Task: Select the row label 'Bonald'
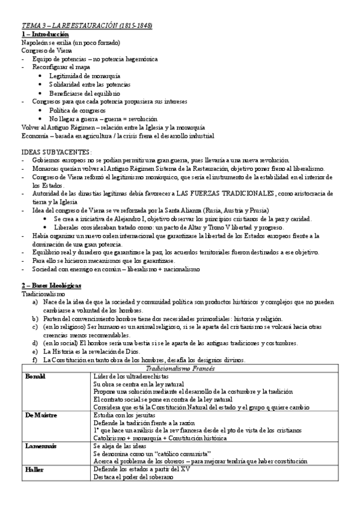pos(35,376)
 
